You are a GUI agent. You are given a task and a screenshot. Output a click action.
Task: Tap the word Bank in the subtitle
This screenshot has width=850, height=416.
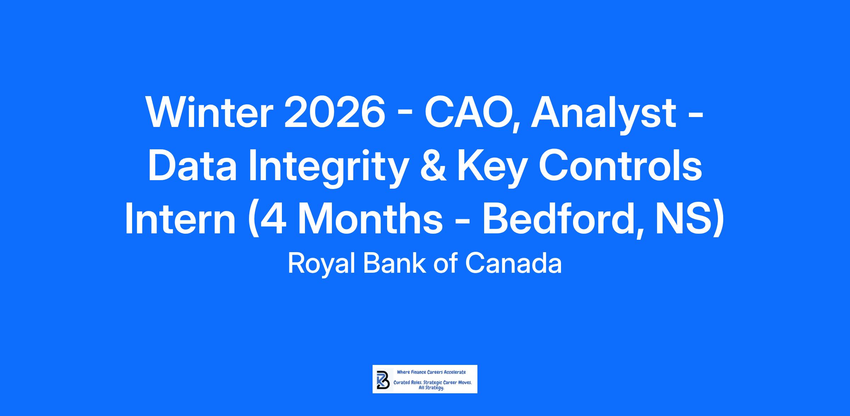(x=395, y=264)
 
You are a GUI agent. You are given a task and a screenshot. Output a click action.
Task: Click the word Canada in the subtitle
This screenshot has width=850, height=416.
(x=513, y=264)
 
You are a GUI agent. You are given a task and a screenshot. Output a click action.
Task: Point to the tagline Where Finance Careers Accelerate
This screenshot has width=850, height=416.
(x=431, y=372)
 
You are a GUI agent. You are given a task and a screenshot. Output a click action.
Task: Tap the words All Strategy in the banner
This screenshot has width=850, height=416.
(x=431, y=388)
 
